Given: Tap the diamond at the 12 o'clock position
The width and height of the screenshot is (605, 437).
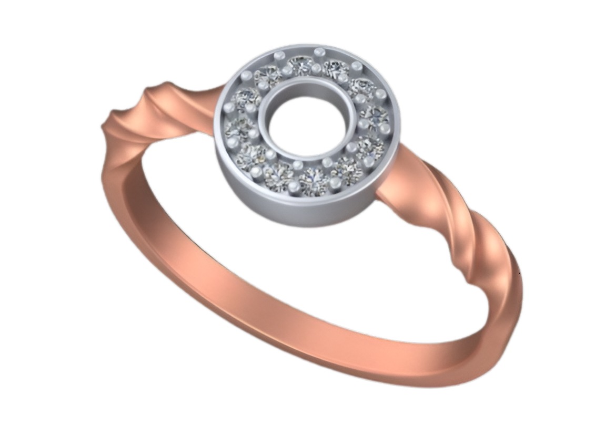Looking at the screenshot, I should coord(301,66).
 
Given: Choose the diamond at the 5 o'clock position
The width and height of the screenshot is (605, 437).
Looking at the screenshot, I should coord(347,169).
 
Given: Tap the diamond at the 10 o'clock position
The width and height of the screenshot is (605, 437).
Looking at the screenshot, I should coord(247,98).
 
